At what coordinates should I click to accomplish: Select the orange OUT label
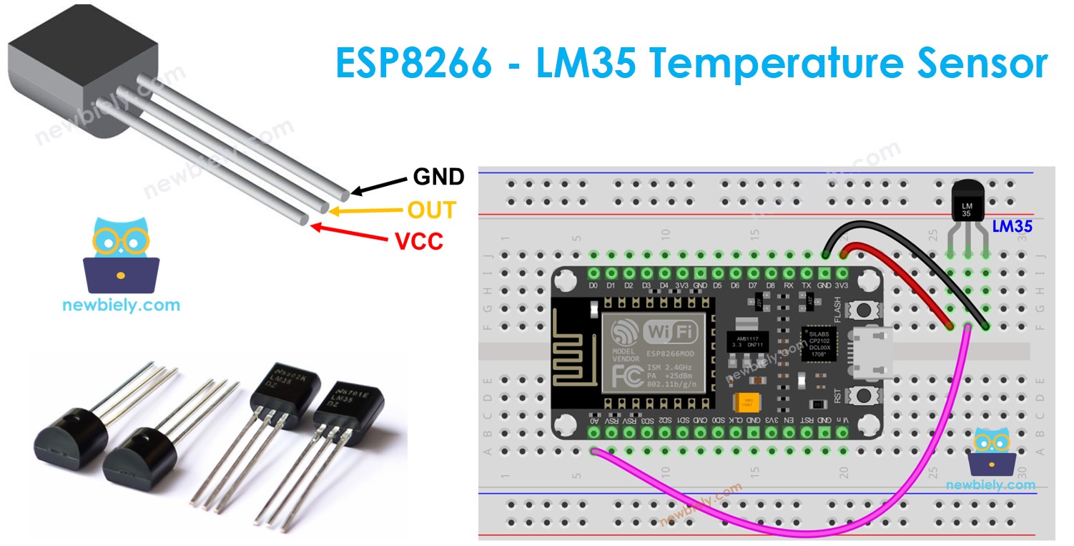pos(431,210)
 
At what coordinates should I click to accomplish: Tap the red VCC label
pos(419,242)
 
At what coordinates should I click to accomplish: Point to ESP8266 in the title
pos(414,64)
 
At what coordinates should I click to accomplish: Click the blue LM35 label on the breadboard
pos(1012,227)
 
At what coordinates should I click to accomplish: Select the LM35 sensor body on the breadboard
pos(967,202)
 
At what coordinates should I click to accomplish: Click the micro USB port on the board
pos(872,353)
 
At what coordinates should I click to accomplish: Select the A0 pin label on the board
pos(594,420)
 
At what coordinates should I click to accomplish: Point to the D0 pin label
pos(593,286)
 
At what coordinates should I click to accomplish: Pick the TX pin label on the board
pos(807,286)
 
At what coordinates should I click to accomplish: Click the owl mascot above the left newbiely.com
pos(121,255)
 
